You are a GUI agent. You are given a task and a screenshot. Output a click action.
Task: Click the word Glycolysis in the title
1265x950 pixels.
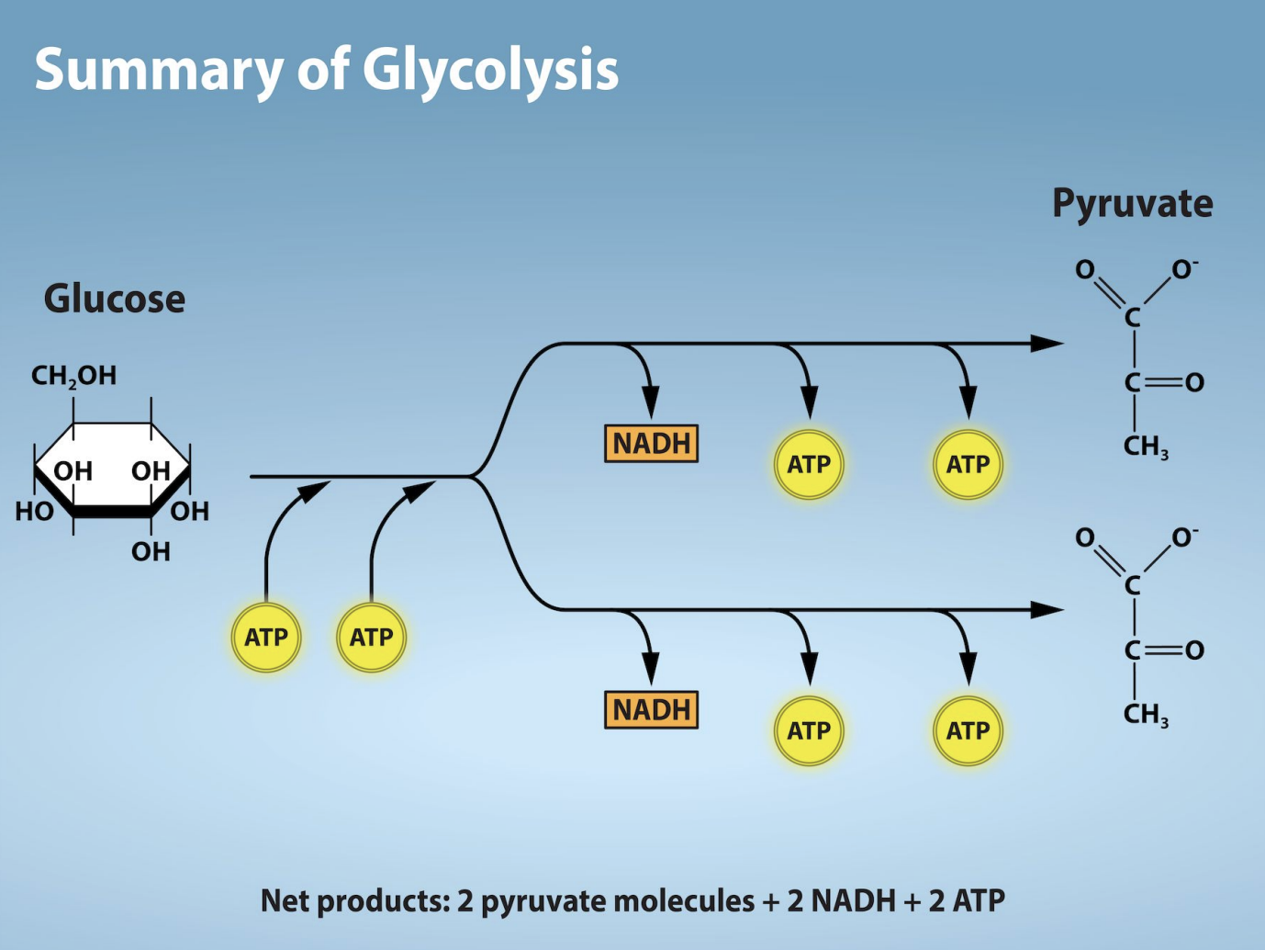point(490,70)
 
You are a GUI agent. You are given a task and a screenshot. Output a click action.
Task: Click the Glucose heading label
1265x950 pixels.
point(115,300)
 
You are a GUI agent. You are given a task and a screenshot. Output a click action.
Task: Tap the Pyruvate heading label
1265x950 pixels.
point(1132,203)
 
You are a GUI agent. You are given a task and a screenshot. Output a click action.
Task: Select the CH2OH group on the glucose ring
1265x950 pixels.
point(73,375)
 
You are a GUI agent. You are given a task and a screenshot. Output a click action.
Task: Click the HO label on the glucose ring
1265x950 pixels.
point(34,512)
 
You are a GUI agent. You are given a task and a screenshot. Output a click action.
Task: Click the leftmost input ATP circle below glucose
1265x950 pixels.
point(266,637)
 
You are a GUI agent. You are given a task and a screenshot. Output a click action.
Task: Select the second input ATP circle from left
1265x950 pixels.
point(371,637)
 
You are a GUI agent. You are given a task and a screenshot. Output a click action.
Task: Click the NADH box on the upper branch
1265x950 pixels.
point(651,444)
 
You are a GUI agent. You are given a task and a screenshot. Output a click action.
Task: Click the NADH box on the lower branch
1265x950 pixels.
point(651,710)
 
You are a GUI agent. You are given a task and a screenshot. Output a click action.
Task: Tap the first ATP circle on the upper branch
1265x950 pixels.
point(809,465)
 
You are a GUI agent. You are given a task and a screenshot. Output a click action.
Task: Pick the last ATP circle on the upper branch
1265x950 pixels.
point(968,465)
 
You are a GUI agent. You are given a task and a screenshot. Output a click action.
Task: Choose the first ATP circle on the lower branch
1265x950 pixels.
point(809,731)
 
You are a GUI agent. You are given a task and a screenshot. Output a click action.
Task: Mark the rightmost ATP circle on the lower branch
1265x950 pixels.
point(968,731)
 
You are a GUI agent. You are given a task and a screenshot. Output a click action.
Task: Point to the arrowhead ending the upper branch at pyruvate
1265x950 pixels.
point(1047,344)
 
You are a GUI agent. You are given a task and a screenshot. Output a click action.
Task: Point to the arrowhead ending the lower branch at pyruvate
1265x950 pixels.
point(1047,610)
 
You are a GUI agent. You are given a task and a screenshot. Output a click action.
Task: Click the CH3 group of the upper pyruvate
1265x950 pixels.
point(1146,447)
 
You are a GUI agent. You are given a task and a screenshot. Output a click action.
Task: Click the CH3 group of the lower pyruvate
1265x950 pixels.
point(1146,715)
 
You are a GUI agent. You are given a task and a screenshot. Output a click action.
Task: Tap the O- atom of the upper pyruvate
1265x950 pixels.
point(1184,270)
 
